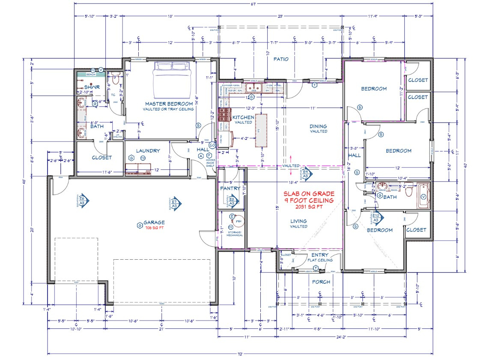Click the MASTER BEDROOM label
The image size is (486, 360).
[x=169, y=104]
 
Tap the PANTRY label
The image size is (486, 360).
[x=230, y=189]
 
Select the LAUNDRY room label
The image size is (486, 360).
[x=148, y=151]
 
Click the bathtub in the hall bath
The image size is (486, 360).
[x=423, y=196]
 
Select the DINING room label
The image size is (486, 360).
[x=318, y=126]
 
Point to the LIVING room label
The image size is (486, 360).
[x=298, y=221]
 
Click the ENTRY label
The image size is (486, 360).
[x=319, y=255]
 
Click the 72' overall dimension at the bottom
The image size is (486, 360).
[x=240, y=354]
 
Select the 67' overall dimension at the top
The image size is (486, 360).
[x=253, y=4]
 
